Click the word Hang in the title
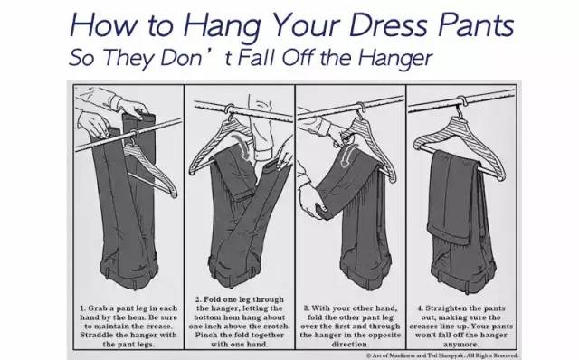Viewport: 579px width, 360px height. tap(222, 25)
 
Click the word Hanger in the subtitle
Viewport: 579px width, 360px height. tap(394, 58)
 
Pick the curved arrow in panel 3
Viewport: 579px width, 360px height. tap(347, 155)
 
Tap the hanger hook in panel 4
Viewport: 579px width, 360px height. tap(460, 106)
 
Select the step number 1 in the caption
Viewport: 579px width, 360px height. tap(82, 308)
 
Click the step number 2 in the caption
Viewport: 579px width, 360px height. tap(198, 299)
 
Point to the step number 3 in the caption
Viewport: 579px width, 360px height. tap(307, 308)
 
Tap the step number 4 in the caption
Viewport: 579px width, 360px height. tap(421, 308)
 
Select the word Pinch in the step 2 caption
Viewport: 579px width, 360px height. tap(206, 335)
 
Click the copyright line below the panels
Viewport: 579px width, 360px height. tap(442, 355)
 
